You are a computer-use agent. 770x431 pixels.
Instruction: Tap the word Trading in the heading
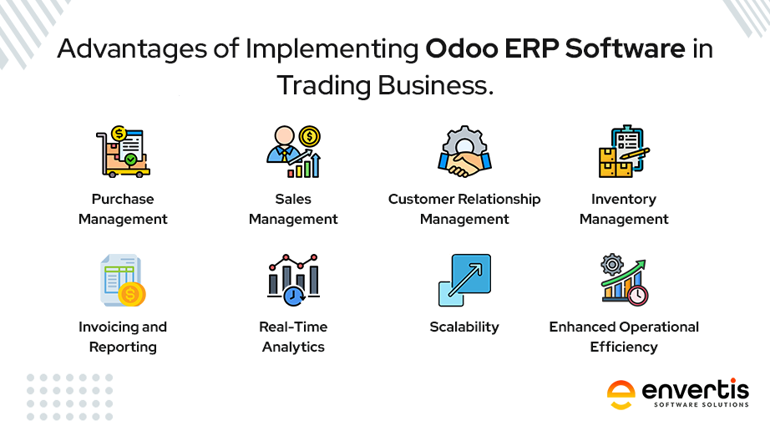click(324, 85)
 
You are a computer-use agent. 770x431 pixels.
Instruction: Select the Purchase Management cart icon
click(123, 152)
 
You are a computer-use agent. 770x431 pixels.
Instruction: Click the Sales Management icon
click(294, 152)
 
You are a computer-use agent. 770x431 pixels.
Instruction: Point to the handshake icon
click(464, 152)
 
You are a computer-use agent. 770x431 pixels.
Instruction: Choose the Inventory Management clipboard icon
click(624, 152)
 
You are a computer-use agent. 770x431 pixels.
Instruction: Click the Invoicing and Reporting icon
click(123, 281)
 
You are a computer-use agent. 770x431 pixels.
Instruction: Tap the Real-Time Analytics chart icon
click(294, 281)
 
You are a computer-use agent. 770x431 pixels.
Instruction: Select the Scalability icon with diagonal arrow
click(464, 281)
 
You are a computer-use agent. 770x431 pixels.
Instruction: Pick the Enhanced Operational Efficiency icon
click(624, 281)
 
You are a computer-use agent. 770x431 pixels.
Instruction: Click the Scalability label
click(464, 327)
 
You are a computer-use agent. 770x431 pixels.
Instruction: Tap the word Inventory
click(624, 200)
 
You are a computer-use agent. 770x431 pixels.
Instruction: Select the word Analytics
click(293, 347)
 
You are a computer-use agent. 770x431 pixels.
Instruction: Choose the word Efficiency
click(624, 347)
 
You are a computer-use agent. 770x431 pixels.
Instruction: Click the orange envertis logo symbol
click(621, 395)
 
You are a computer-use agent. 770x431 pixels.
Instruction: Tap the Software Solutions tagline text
click(702, 404)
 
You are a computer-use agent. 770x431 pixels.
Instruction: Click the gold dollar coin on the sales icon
click(310, 136)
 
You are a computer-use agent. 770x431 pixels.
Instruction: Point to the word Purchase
click(123, 199)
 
